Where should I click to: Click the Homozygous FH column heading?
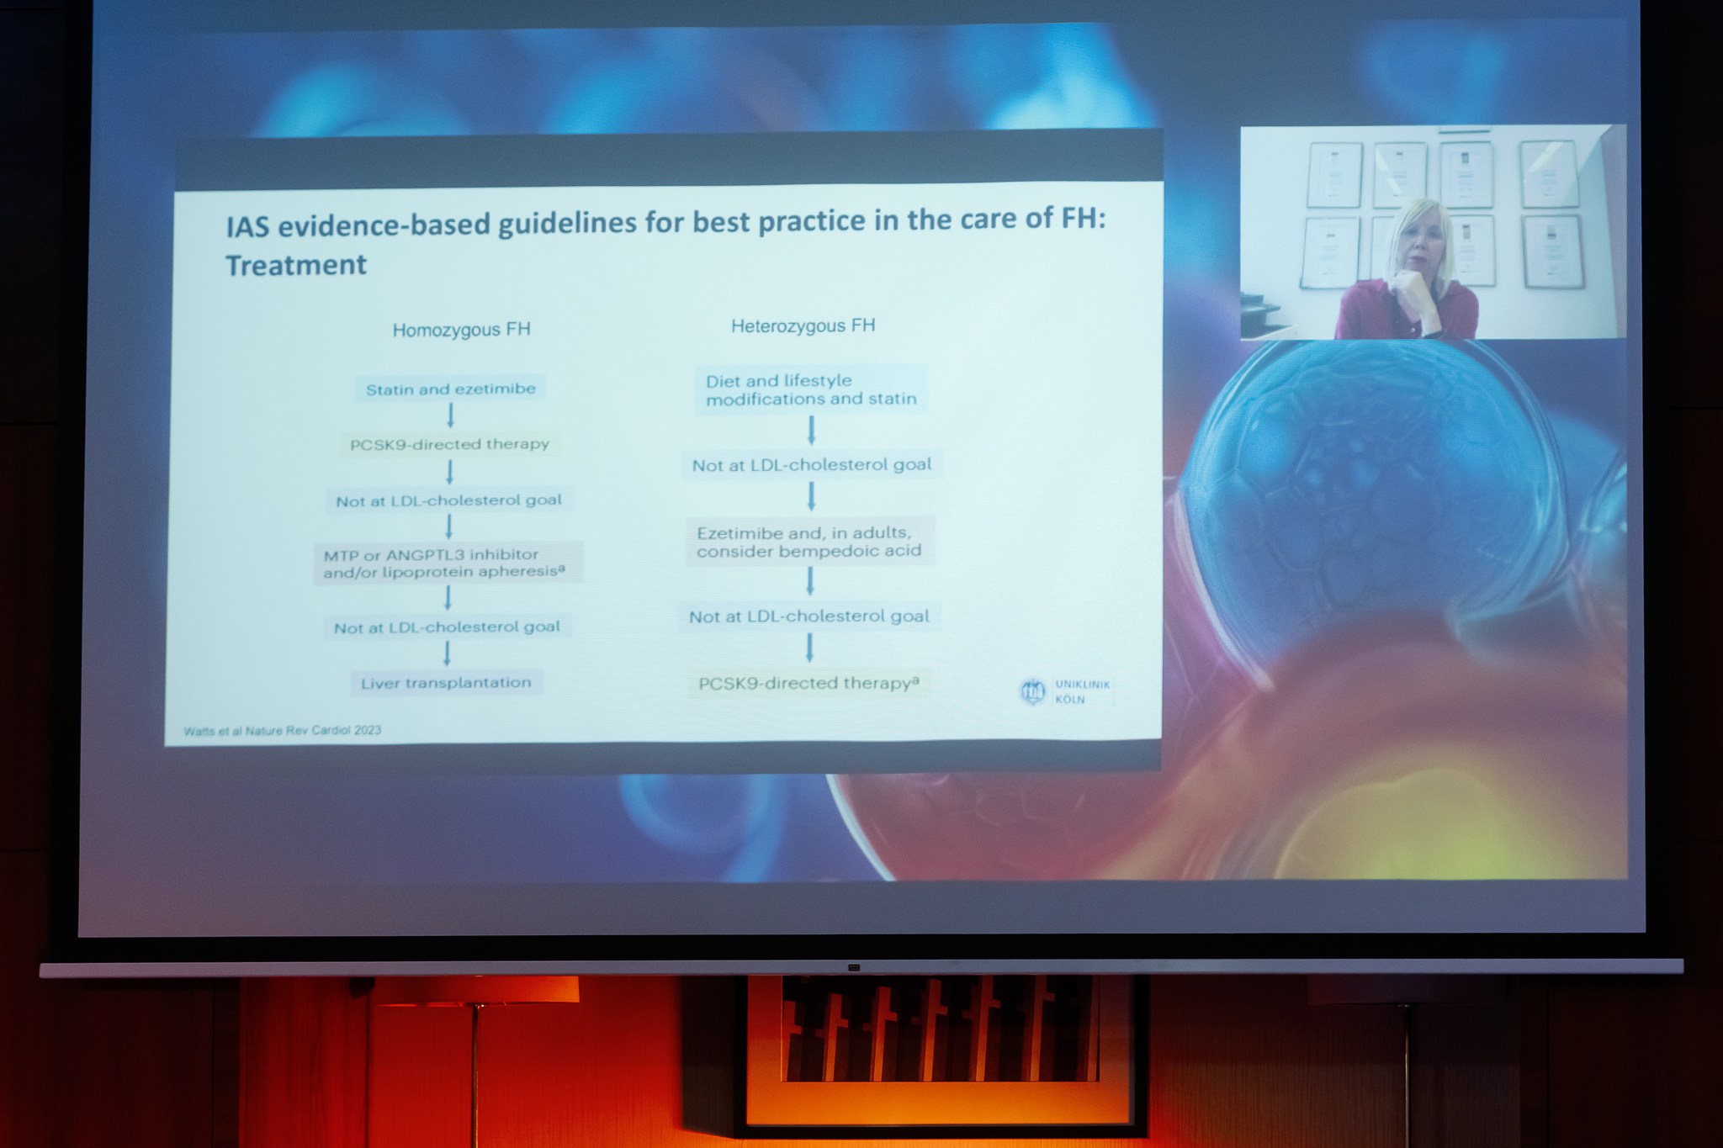click(x=461, y=330)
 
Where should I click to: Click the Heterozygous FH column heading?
click(x=803, y=326)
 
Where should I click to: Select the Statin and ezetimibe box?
click(x=450, y=389)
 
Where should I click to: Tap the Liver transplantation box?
click(x=446, y=682)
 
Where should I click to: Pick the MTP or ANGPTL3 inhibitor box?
click(x=448, y=563)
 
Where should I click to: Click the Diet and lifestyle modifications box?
click(x=811, y=389)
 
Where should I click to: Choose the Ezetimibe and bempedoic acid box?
click(x=809, y=542)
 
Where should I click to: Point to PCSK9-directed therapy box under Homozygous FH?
click(x=449, y=444)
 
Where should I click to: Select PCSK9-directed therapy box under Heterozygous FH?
click(x=808, y=683)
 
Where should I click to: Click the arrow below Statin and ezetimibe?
click(x=450, y=415)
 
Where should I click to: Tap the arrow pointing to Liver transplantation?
click(x=447, y=653)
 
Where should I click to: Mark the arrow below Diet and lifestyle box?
click(x=811, y=430)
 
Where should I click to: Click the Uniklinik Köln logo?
click(x=1065, y=691)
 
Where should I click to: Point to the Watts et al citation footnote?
click(x=282, y=730)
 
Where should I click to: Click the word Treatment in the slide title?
click(x=296, y=266)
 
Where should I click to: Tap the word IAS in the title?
click(x=247, y=226)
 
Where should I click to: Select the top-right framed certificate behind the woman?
click(x=1549, y=174)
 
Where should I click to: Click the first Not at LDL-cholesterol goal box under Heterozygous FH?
click(x=812, y=464)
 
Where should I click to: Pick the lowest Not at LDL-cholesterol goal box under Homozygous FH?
click(x=447, y=627)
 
